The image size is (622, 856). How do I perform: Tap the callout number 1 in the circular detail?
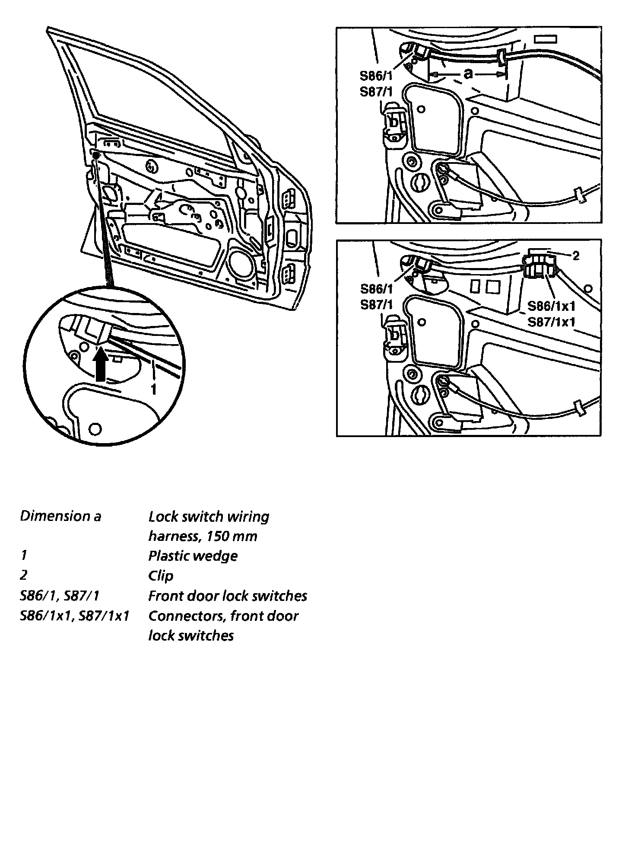(153, 390)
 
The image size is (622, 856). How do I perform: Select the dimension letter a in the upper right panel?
(468, 74)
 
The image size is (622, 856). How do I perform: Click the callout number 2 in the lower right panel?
(575, 256)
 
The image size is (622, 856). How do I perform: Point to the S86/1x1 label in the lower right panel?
(552, 306)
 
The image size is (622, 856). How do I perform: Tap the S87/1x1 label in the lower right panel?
(552, 322)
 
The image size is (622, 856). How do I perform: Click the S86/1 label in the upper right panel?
(376, 77)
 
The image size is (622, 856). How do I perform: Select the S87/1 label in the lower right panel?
(376, 305)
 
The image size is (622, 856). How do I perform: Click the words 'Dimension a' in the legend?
(60, 516)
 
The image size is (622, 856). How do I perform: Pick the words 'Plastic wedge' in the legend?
(193, 556)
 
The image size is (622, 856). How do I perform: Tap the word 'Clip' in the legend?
(160, 575)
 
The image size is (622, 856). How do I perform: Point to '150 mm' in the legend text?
(232, 536)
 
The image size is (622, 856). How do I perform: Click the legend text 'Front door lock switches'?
(228, 596)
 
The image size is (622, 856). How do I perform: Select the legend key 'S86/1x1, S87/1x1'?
(75, 616)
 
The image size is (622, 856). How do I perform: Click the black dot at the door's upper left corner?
(96, 154)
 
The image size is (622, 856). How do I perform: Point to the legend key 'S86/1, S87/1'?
(60, 596)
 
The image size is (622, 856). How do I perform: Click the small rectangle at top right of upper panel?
(546, 39)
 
